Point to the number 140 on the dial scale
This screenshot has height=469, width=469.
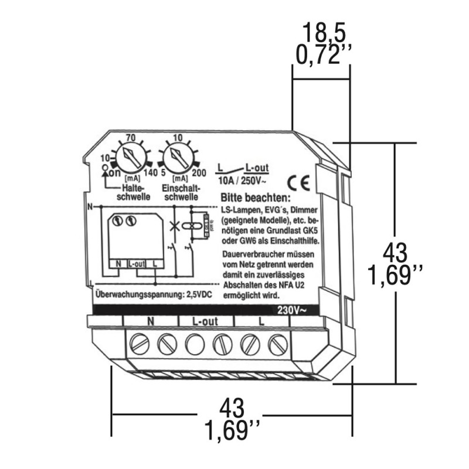(151, 173)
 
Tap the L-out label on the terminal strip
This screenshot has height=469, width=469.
(205, 322)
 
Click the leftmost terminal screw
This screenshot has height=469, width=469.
(139, 342)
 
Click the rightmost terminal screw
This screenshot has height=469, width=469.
(276, 342)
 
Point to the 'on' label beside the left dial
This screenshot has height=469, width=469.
(115, 174)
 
